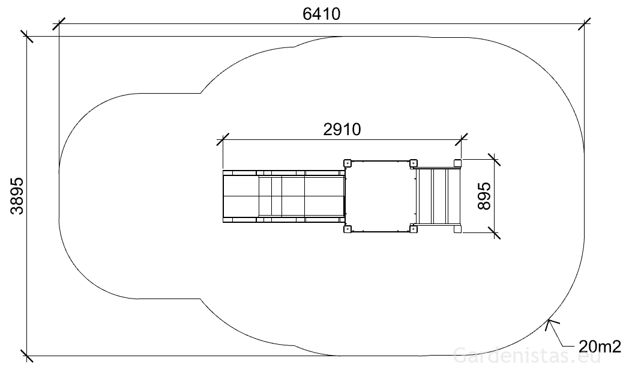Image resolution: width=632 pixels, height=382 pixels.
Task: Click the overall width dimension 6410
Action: coord(321,14)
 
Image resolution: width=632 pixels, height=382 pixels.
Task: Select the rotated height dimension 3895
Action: coord(17,196)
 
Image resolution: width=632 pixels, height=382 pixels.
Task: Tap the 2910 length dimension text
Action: coord(342,130)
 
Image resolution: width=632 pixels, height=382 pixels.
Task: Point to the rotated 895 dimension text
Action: coord(484,196)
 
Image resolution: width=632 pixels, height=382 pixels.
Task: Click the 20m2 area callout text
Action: coord(600,346)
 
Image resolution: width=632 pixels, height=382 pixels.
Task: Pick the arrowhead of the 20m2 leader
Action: coord(550,324)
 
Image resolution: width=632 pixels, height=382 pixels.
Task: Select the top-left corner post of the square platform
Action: coord(348,163)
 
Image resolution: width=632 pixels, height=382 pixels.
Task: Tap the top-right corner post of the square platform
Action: coord(413,163)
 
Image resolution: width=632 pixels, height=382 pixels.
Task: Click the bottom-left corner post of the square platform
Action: coord(348,229)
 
